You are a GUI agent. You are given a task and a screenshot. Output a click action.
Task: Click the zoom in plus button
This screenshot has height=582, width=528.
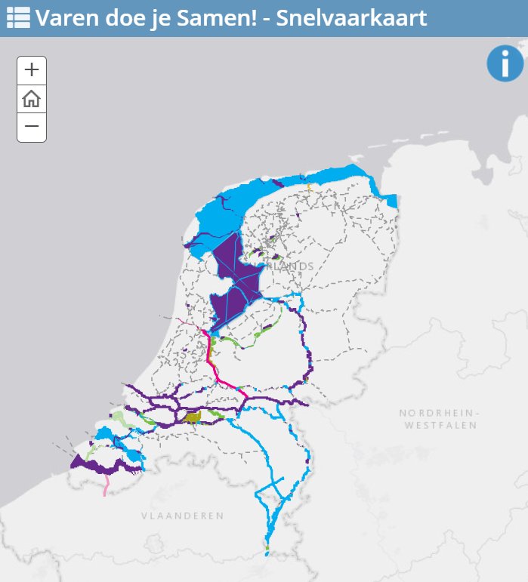click(x=32, y=70)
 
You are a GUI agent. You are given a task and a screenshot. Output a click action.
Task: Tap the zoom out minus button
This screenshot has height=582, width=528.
click(x=32, y=127)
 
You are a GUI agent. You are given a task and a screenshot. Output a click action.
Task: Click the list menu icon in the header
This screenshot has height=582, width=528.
click(x=18, y=18)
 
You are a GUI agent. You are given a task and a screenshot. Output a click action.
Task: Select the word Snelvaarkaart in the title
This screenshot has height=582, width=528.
click(x=351, y=18)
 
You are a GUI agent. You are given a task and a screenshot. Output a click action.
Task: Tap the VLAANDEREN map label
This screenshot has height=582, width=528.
click(x=182, y=516)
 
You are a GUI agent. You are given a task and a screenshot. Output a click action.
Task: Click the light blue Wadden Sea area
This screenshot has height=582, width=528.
click(x=227, y=211)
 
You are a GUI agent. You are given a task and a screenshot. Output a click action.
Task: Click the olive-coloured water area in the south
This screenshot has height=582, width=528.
click(x=193, y=417)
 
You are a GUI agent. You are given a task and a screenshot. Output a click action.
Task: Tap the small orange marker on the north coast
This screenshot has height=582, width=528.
click(x=309, y=186)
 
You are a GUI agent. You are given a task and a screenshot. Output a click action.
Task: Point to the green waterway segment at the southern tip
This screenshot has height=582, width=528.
click(x=267, y=547)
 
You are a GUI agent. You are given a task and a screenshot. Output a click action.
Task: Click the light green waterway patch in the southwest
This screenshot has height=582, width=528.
click(x=119, y=416)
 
